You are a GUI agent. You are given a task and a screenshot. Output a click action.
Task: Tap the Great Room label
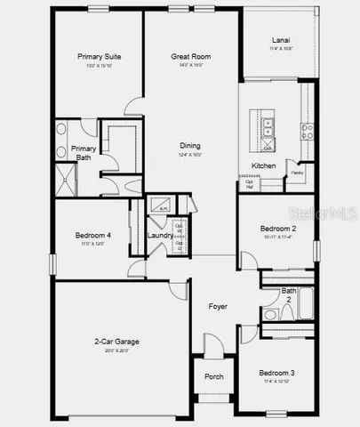click(189, 56)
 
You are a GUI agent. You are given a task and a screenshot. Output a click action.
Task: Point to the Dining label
click(189, 146)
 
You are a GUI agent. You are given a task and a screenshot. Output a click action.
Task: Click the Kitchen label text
click(263, 166)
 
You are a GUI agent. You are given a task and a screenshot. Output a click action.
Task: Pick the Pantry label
click(298, 173)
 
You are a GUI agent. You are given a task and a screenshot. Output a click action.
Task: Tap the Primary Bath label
click(84, 153)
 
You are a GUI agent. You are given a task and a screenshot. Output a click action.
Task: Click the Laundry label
click(160, 235)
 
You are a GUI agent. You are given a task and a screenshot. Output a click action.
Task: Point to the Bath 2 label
click(289, 294)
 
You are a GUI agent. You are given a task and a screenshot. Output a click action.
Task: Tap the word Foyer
click(218, 307)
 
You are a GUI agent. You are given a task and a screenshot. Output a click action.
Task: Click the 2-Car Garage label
click(117, 341)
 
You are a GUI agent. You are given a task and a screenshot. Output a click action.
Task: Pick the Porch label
click(214, 376)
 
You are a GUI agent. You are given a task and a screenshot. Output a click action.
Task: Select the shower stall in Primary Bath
click(66, 177)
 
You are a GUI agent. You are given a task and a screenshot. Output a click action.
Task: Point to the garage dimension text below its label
click(117, 350)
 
